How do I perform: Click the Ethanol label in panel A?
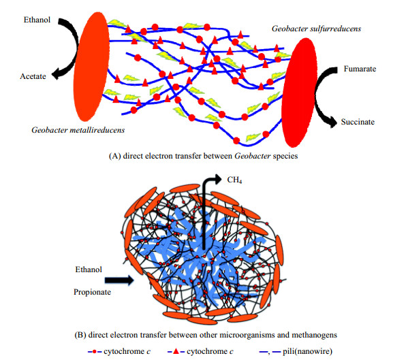coord(37,20)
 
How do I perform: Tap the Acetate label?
coord(33,76)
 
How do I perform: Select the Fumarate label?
coord(360,69)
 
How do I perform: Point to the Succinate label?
coord(358,122)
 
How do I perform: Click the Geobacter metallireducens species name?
coord(78,130)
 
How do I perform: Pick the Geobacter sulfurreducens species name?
coord(316,29)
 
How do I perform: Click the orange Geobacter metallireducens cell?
coord(91,67)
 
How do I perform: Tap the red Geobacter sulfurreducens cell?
coord(300,93)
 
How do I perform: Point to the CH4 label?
coord(234,180)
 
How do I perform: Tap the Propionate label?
coord(92,292)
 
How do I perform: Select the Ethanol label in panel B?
coord(89,269)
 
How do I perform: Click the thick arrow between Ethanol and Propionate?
coord(119,280)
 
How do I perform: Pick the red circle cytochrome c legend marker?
coord(95,351)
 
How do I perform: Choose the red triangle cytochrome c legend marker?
coord(176,351)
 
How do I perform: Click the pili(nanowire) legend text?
coord(307,351)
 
